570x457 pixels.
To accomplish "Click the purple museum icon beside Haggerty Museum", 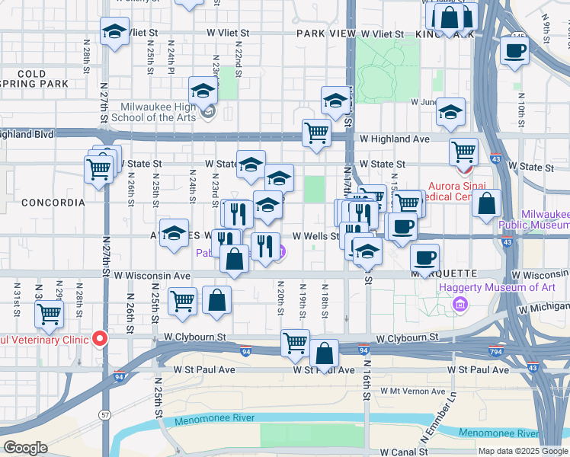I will click(x=459, y=305).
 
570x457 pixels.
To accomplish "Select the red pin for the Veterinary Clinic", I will click(x=98, y=339).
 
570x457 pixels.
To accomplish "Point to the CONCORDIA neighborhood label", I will click(x=53, y=203).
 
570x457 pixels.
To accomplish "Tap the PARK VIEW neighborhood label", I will click(x=326, y=34).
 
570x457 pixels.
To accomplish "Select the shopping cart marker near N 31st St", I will click(x=49, y=313).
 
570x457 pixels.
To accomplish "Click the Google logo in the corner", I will click(x=25, y=448).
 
